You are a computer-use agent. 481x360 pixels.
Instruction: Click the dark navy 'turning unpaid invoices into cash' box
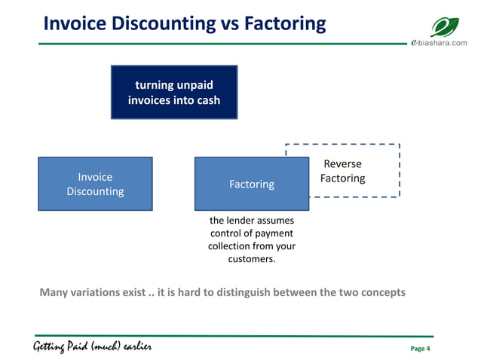(174, 92)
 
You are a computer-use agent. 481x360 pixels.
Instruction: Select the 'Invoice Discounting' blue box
(95, 184)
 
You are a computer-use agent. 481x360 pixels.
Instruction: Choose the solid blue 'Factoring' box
(251, 184)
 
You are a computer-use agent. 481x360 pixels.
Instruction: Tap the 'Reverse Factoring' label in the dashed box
(342, 171)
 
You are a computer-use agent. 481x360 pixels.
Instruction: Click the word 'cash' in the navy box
(207, 100)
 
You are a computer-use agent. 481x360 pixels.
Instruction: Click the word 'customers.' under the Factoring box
(251, 259)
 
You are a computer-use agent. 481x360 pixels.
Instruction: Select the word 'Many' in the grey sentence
(54, 292)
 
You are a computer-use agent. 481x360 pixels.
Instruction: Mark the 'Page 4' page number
(420, 349)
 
